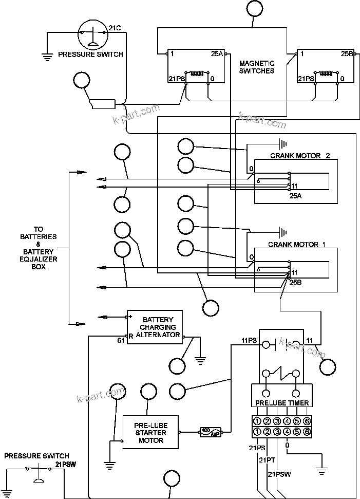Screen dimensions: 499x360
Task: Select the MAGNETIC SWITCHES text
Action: [257, 67]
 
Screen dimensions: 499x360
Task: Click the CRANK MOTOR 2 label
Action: [300, 156]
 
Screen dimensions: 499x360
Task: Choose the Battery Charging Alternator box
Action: [155, 327]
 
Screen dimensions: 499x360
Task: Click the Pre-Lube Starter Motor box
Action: [151, 433]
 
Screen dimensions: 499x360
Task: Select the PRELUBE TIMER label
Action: [281, 402]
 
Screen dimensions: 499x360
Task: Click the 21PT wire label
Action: [268, 460]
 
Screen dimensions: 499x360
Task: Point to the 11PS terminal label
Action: [249, 340]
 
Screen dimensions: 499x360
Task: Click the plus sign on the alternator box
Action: [130, 317]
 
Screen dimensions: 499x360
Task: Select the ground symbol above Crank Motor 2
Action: [282, 143]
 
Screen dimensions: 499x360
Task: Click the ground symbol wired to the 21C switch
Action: [47, 57]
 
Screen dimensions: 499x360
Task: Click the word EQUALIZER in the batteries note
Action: [39, 260]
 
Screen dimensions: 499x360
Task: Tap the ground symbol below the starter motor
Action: [109, 465]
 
